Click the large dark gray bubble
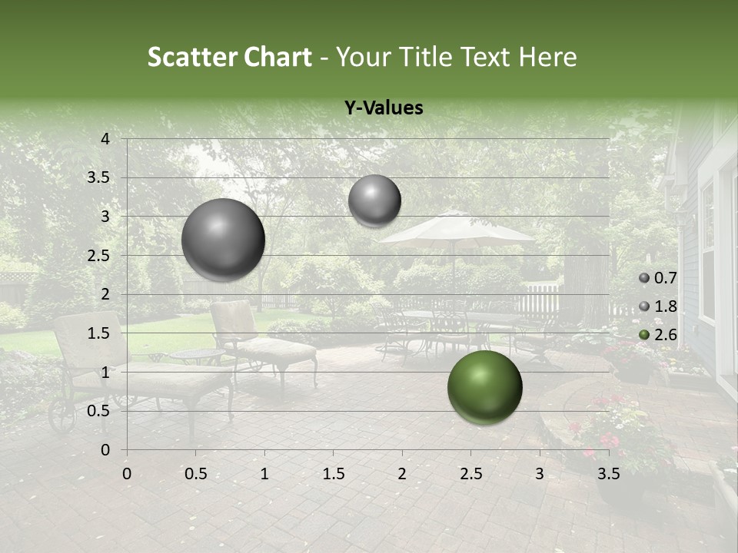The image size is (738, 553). (x=223, y=240)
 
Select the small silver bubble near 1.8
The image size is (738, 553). (x=374, y=200)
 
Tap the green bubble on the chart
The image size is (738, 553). (x=484, y=388)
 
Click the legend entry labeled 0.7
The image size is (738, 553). (x=658, y=278)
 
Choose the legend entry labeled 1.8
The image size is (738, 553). (x=658, y=306)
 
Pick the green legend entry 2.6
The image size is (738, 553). (x=658, y=334)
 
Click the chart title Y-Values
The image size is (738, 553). (x=384, y=108)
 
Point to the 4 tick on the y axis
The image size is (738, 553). (x=105, y=139)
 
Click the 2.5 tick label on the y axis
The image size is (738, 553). (x=98, y=256)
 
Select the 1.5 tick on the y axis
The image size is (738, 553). (x=98, y=333)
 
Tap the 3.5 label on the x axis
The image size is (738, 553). (x=609, y=474)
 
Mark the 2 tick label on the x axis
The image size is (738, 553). (x=402, y=474)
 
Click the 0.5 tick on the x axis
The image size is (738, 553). (x=195, y=474)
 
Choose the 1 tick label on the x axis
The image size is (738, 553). (x=264, y=474)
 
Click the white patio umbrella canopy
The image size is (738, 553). (x=455, y=229)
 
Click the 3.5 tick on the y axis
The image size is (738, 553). (x=98, y=178)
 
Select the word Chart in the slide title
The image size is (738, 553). (x=278, y=57)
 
